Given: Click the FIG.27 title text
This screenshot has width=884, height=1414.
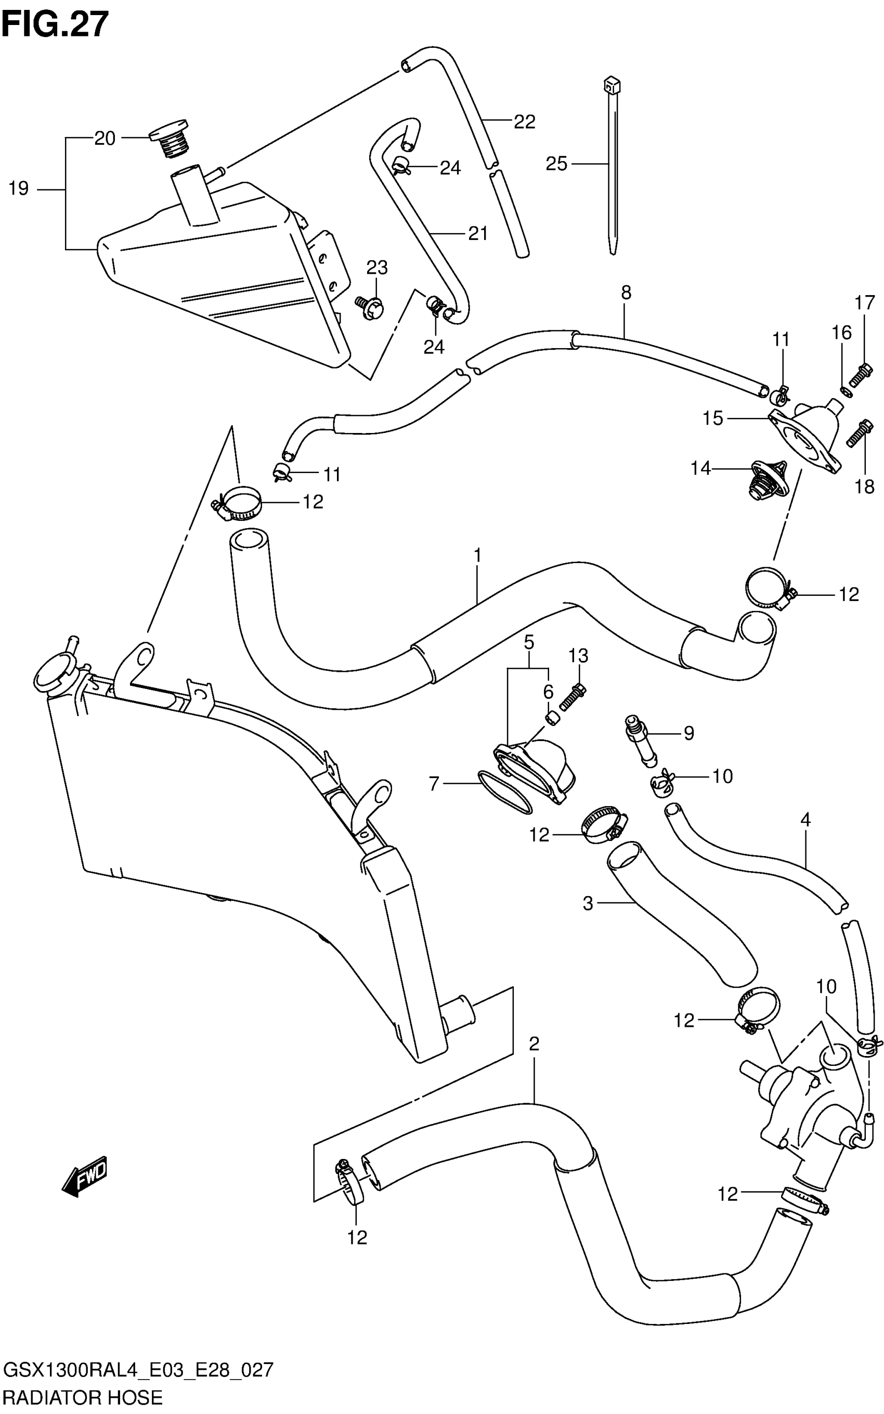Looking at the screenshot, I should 55,24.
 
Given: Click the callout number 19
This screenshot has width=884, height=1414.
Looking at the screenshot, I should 19,189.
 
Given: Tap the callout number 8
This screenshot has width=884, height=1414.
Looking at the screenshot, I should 626,292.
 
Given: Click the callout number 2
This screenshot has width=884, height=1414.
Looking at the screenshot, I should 533,1043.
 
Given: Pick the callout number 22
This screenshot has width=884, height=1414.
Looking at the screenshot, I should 525,122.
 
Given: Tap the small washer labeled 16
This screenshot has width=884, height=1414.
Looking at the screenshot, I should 846,391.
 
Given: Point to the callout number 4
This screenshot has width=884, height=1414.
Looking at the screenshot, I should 805,820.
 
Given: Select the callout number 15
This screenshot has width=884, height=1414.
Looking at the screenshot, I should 713,418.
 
